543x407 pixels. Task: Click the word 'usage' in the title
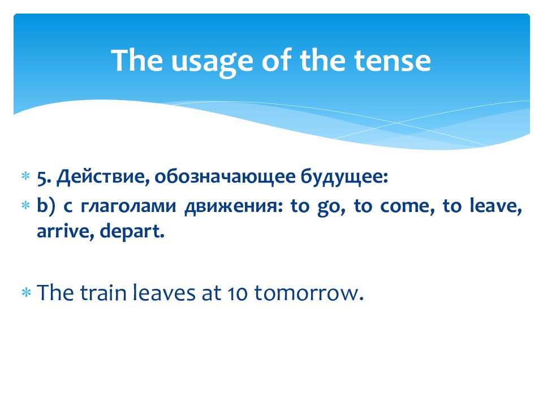point(212,62)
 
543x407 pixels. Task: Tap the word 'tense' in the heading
point(393,60)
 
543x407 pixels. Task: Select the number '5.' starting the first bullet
point(44,177)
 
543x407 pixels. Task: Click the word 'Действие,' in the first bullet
point(103,177)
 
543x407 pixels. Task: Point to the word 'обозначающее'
point(225,177)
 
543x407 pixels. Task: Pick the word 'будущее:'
point(344,177)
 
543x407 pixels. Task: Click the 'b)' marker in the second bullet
point(46,205)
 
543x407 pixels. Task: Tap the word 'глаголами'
point(128,206)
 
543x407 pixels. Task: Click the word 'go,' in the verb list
point(331,207)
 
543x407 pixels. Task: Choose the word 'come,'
point(407,207)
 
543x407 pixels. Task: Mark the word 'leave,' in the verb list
point(495,206)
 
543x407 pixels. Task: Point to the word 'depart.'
point(132,232)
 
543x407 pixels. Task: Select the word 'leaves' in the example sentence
point(164,292)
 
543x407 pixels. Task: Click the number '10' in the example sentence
point(238,293)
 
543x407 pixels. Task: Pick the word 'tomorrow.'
point(309,293)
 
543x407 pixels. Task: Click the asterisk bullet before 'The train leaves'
point(26,293)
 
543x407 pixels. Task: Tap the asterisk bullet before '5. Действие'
point(26,176)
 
